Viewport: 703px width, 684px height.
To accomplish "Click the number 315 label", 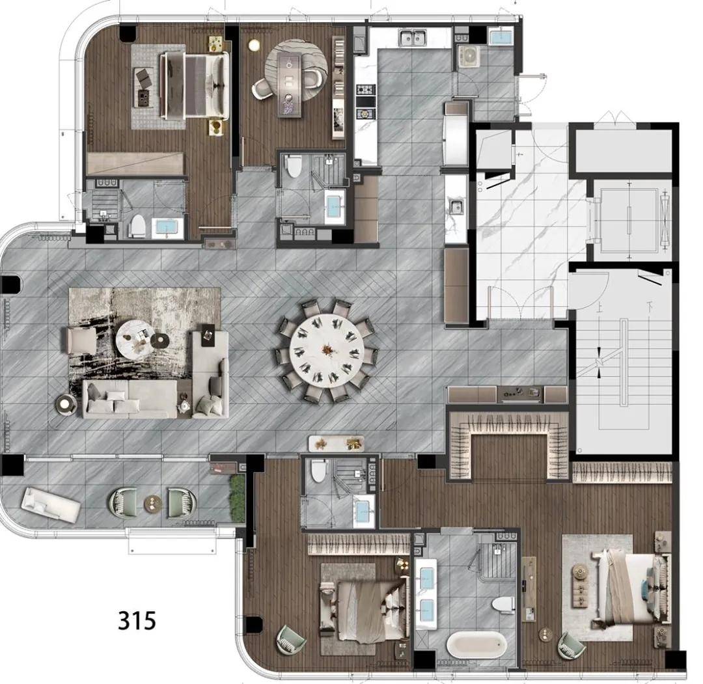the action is [x=137, y=620].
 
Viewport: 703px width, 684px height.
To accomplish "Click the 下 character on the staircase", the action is [x=649, y=307].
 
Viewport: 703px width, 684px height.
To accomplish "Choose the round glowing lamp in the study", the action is [x=255, y=45].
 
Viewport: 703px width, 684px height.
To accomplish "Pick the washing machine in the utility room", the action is [x=469, y=57].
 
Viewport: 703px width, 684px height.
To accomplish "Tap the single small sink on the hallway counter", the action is [x=456, y=207].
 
